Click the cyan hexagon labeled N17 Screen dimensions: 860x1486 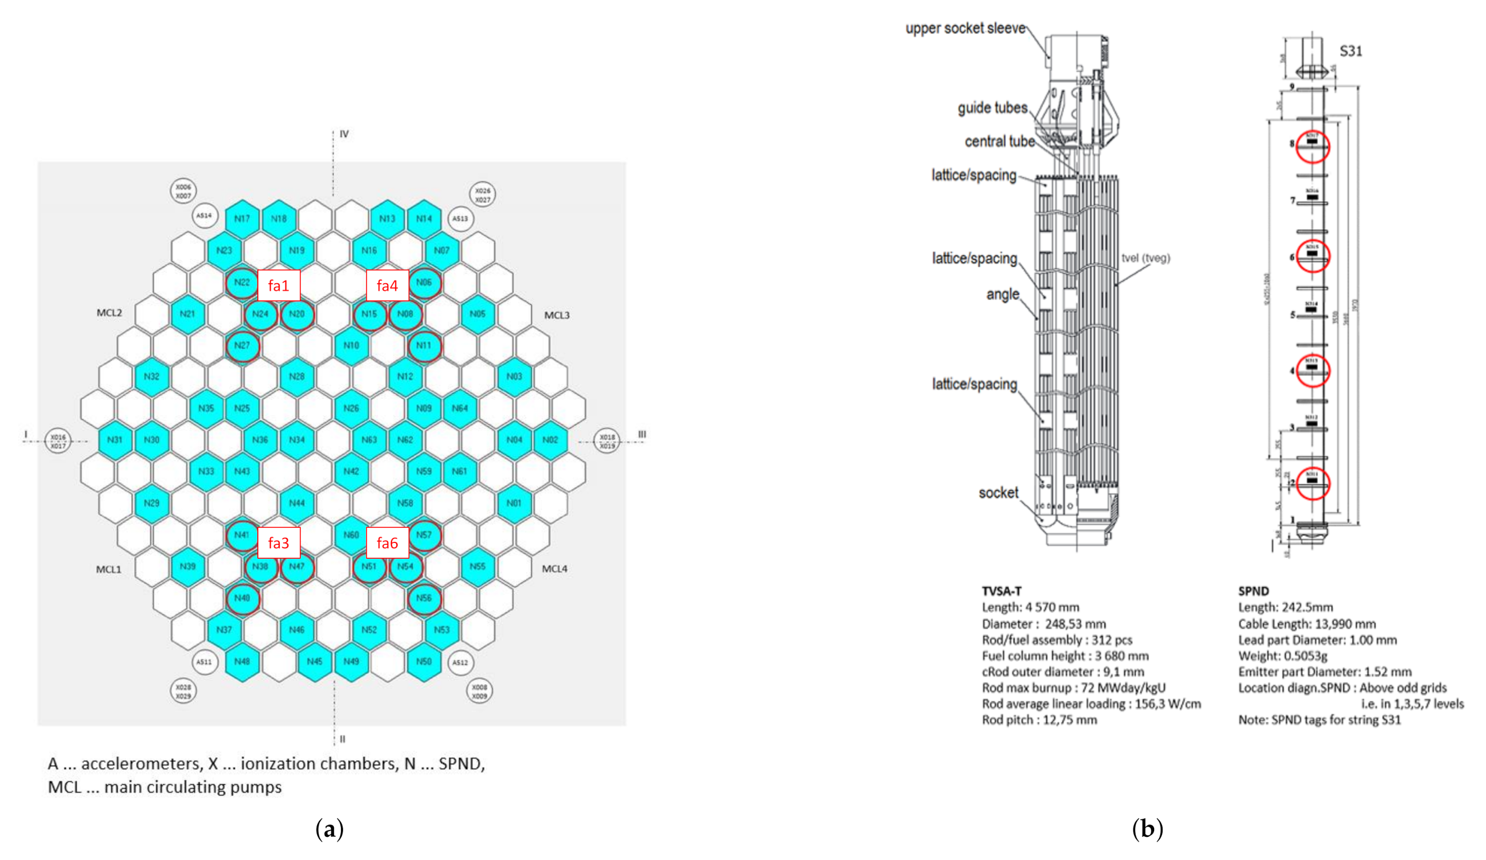[242, 219]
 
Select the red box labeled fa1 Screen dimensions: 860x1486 [278, 286]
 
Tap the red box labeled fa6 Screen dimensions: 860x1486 [387, 543]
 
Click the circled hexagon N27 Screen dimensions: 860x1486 [242, 346]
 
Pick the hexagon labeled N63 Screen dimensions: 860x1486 [369, 440]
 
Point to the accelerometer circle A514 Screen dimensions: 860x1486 [204, 216]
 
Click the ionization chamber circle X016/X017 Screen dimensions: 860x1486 [58, 441]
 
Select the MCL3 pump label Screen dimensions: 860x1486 [557, 315]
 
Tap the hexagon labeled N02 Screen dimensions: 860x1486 [550, 440]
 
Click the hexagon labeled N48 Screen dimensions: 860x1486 [242, 661]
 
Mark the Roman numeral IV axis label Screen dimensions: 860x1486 [344, 134]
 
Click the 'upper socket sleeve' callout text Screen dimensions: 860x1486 [966, 29]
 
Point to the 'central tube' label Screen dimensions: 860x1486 [999, 142]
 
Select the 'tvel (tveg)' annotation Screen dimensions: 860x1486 [1145, 258]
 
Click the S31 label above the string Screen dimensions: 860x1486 [1351, 51]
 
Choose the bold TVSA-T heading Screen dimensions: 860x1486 [1001, 591]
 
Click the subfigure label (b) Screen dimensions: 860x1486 [1147, 829]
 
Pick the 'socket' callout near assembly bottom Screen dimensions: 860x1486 [998, 493]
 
